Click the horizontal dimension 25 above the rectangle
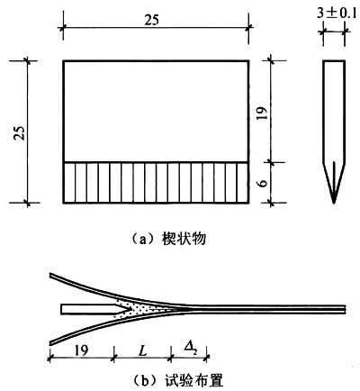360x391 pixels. pos(152,20)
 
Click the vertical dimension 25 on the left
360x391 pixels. pos(20,132)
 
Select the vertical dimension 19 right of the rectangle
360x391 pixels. pos(262,113)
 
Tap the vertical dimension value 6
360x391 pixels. pos(263,183)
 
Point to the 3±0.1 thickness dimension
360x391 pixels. pos(337,14)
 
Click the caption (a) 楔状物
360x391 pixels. pos(168,240)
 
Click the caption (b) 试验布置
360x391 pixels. pos(178,381)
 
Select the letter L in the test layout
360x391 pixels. pos(144,350)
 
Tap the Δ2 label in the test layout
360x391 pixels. pos(188,349)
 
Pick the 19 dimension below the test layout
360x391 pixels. pos(81,350)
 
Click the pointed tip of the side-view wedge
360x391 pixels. pos(334,204)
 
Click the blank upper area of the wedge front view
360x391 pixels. pos(156,112)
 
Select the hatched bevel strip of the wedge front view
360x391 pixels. pos(156,183)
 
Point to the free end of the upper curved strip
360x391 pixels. pos(51,275)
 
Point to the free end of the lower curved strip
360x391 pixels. pos(51,343)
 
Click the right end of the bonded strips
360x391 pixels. pos(345,309)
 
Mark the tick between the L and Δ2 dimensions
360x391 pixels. pos(171,358)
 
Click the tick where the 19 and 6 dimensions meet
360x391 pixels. pos(271,162)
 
